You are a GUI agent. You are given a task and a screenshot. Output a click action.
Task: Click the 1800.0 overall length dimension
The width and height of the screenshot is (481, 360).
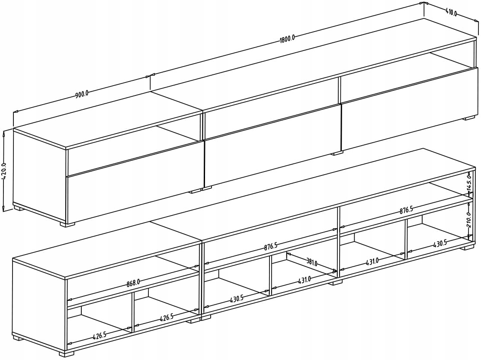287,39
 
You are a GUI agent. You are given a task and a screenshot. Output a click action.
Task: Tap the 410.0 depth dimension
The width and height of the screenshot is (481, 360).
451,13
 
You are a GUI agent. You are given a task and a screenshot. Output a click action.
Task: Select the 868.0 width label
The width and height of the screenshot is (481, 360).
133,283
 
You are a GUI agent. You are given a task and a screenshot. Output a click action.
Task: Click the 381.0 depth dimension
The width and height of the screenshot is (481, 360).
312,263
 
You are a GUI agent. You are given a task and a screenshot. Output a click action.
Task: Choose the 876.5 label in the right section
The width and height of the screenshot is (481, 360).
406,210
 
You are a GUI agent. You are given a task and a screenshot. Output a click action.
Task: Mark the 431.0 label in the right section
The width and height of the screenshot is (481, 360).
372,261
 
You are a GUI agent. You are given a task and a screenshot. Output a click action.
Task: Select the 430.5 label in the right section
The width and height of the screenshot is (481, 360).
439,244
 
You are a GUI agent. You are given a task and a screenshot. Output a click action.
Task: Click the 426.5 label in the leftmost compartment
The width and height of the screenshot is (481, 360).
99,336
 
